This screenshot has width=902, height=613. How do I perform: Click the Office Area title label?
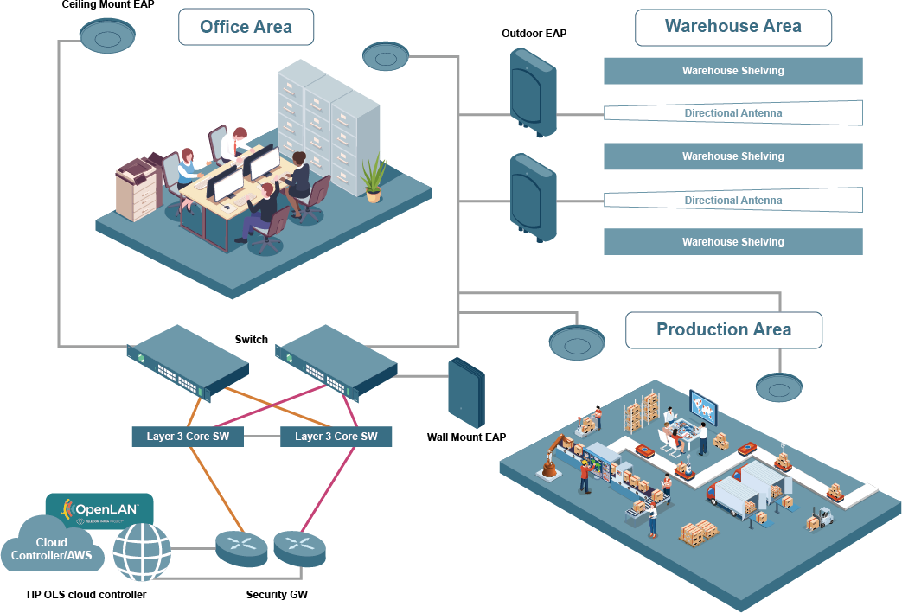(x=246, y=27)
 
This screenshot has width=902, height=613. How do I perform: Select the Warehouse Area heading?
(x=732, y=27)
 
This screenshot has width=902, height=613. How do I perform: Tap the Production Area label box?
(x=723, y=329)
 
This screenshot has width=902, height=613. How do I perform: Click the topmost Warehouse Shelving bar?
(x=732, y=71)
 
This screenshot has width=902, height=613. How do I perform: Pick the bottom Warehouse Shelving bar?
(x=732, y=242)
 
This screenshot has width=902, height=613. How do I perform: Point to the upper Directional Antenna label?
(x=732, y=113)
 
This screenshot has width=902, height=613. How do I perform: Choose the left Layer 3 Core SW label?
(x=188, y=437)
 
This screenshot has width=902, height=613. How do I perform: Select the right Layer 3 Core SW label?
(x=336, y=437)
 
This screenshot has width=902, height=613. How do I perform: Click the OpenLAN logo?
(x=99, y=510)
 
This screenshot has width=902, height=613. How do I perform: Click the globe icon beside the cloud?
(x=142, y=551)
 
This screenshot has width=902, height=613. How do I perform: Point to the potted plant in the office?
(x=374, y=178)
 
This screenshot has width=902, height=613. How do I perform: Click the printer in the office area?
(x=138, y=188)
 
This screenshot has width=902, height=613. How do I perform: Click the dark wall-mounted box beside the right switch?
(x=466, y=393)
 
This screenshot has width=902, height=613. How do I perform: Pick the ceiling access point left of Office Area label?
(x=107, y=36)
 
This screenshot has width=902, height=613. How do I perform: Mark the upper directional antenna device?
(x=532, y=92)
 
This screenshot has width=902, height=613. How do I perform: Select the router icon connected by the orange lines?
(x=241, y=547)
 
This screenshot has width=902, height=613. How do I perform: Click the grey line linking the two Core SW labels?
(x=262, y=437)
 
